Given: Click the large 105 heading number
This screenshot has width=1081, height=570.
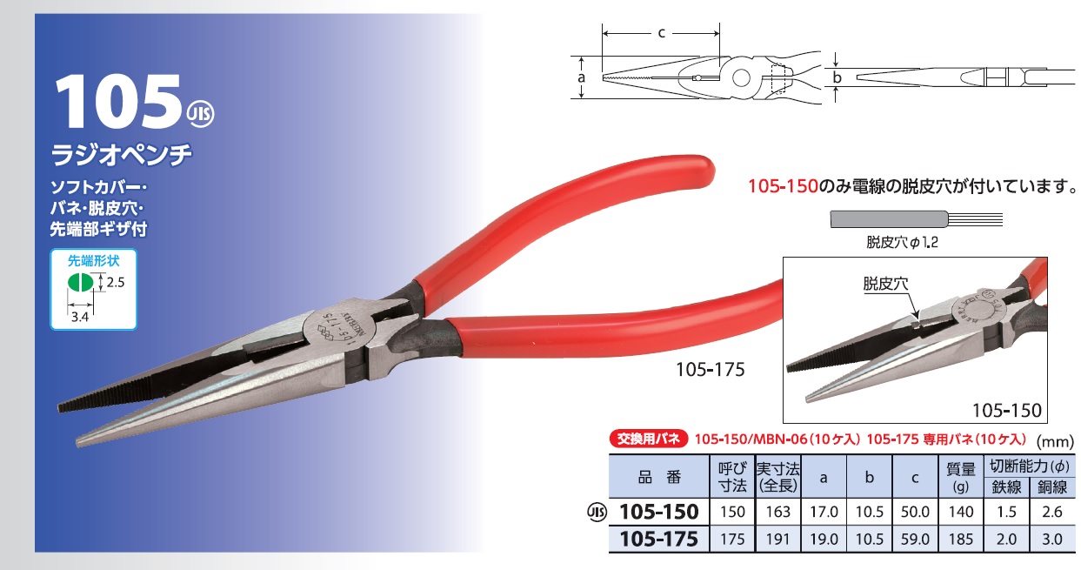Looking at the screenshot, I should pyautogui.click(x=117, y=102).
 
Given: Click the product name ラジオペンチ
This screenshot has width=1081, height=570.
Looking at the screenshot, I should pyautogui.click(x=123, y=154).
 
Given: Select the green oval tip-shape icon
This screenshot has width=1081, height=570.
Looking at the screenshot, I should pyautogui.click(x=80, y=283).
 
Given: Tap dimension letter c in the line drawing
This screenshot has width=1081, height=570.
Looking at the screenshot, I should pyautogui.click(x=661, y=33).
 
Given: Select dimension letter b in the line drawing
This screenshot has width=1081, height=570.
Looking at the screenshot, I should pyautogui.click(x=837, y=77).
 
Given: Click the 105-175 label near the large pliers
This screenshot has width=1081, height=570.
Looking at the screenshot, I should pyautogui.click(x=710, y=370).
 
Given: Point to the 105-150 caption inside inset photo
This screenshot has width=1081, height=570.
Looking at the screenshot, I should pyautogui.click(x=1006, y=410).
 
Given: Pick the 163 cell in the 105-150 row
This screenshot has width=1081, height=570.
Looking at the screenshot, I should pyautogui.click(x=777, y=513).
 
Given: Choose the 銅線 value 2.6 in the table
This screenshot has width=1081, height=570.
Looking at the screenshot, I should pyautogui.click(x=1051, y=513).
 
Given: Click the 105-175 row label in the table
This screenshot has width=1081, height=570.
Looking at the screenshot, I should pyautogui.click(x=657, y=540).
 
